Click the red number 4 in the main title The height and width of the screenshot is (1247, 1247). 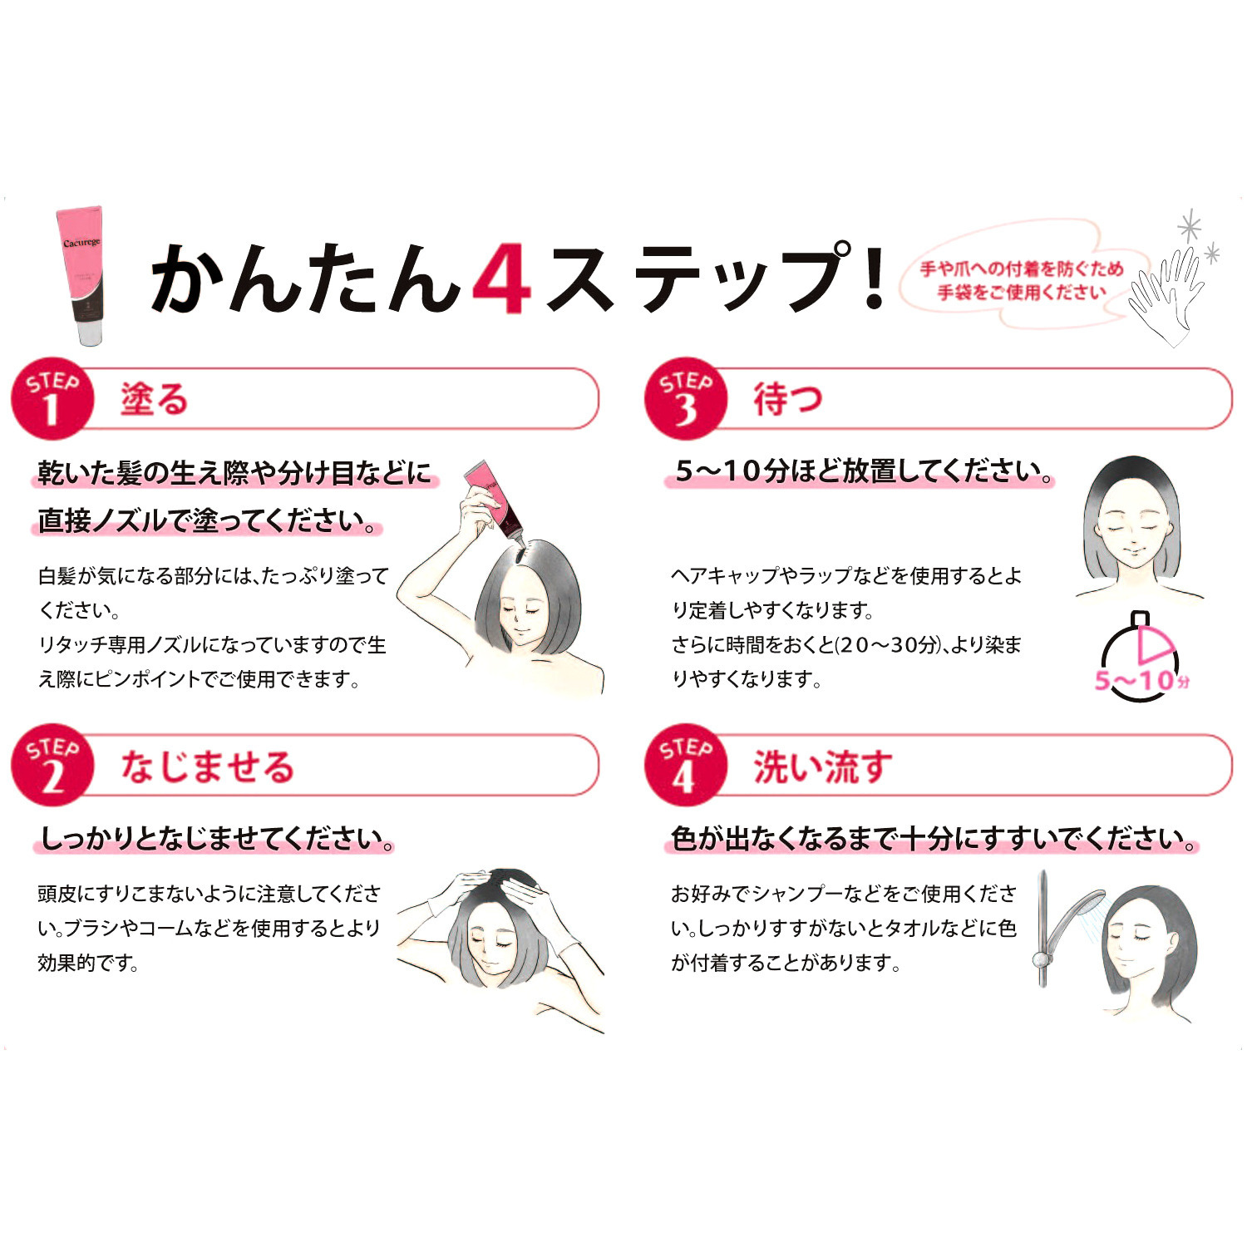click(x=501, y=278)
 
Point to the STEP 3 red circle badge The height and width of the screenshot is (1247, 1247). click(x=685, y=400)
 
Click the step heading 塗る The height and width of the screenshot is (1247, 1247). click(x=155, y=400)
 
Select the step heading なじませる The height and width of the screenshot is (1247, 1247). click(x=208, y=766)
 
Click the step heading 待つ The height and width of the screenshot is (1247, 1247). click(x=787, y=400)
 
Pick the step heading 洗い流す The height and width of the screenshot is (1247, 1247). click(x=823, y=766)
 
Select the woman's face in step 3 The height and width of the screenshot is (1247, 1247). click(x=1132, y=532)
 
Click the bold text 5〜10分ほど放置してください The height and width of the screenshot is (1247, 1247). click(x=863, y=471)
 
